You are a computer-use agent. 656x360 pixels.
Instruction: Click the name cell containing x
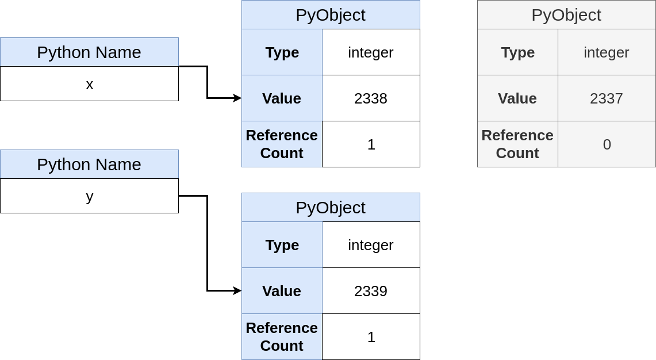89,84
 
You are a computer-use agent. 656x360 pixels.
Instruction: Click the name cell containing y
89,196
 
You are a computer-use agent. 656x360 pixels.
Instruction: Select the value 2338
371,98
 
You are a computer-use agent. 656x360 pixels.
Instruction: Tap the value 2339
371,291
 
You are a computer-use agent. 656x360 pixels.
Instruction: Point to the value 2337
607,98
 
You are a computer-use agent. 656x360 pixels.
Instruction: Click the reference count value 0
607,144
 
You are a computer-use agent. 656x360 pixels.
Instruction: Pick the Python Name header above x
89,52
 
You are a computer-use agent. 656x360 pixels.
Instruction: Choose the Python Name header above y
89,164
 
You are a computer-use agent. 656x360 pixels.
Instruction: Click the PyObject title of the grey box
566,15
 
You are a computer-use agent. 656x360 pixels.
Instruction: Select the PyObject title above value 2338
331,15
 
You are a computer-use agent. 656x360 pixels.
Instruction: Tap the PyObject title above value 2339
331,208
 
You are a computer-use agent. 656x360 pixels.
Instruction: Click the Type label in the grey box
517,52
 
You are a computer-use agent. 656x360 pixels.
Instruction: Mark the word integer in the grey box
607,52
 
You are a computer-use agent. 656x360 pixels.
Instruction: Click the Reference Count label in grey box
517,144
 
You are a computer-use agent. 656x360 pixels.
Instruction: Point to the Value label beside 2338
282,98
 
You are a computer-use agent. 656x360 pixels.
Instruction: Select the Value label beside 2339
282,291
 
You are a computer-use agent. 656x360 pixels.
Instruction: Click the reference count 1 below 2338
371,144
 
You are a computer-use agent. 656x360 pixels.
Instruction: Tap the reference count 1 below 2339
371,337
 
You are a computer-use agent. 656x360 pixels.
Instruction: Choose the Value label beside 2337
517,98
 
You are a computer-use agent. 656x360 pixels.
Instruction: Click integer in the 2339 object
371,245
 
